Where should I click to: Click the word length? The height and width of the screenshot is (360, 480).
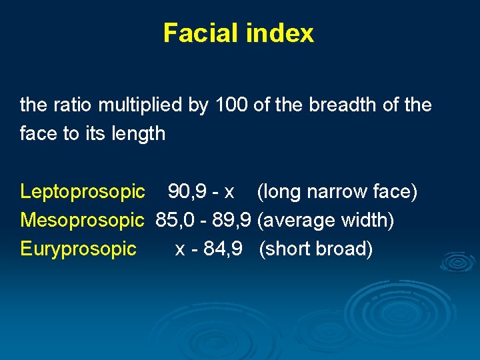139,134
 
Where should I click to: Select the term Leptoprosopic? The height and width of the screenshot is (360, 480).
83,192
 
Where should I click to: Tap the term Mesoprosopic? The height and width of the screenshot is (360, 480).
83,221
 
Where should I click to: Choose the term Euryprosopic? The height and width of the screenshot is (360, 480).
79,249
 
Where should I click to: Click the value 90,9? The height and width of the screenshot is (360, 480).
186,192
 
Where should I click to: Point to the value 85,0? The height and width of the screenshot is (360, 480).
175,221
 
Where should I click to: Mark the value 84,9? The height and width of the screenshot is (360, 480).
223,249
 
